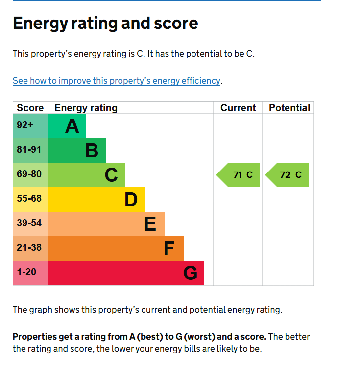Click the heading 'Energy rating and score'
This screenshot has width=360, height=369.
pos(105,24)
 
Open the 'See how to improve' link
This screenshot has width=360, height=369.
pos(117,81)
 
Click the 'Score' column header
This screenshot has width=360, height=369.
pos(30,108)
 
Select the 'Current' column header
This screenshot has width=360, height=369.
pos(238,108)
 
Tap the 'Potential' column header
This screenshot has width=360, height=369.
pos(289,108)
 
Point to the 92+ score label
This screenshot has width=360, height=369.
pos(25,125)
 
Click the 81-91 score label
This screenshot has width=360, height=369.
pos(29,150)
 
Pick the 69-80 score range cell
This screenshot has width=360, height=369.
pos(29,174)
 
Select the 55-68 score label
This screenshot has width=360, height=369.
pos(29,199)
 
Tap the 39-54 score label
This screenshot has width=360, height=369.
pos(29,223)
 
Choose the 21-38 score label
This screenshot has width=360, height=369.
pos(29,248)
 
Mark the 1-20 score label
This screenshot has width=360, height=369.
pos(26,272)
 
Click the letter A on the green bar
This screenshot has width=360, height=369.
pos(72,126)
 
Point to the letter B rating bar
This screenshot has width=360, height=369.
pos(92,150)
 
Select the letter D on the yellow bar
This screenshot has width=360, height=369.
pos(131,199)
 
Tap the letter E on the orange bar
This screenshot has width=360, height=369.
pos(150,224)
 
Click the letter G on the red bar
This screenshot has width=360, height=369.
pos(190,273)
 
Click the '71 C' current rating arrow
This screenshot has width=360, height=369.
pos(240,175)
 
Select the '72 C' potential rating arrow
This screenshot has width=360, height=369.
pos(288,175)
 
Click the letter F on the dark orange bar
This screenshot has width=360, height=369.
pos(169,248)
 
